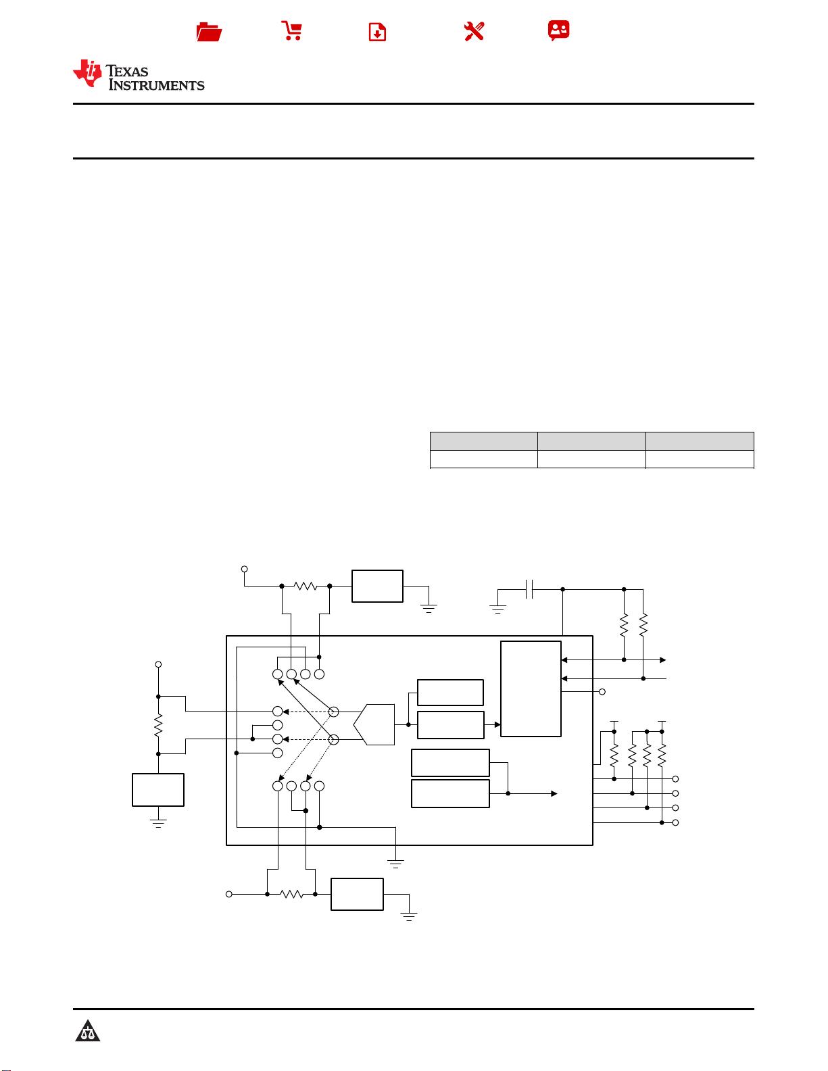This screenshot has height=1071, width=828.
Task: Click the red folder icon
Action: pos(209,32)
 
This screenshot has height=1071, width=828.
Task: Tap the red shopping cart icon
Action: pos(292,30)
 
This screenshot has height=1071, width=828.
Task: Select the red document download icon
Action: pos(377,32)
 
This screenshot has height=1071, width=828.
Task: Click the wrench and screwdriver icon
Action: pos(474,32)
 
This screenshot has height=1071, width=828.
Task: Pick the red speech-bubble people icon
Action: pos(558,30)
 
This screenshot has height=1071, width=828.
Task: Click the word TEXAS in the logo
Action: pos(127,72)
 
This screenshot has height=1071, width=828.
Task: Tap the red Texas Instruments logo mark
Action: pos(88,73)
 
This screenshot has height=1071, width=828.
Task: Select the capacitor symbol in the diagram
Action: pos(529,589)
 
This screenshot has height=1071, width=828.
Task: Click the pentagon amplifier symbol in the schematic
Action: pos(374,724)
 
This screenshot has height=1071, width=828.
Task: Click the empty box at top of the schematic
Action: pos(377,586)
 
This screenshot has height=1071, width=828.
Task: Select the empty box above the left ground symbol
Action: pos(158,790)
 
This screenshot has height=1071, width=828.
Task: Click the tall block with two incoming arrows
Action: pos(531,689)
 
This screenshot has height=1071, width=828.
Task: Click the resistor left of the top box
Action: pos(305,586)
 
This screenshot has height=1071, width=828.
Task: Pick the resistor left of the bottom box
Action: pos(291,894)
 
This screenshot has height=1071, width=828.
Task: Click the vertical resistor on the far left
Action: pos(158,725)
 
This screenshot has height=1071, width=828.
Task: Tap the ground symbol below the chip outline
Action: pos(395,864)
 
